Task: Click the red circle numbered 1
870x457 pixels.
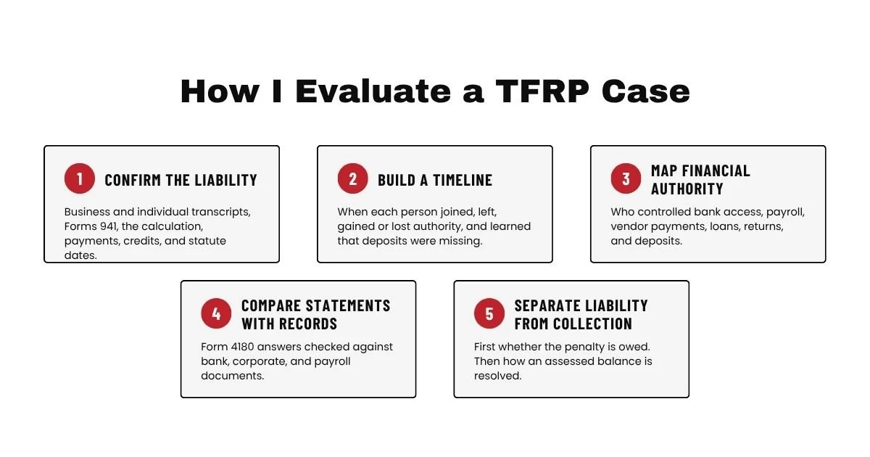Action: coord(80,178)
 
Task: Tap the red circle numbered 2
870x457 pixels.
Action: coord(352,178)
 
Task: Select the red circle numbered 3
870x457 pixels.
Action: coord(626,178)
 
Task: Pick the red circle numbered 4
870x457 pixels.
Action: coord(216,313)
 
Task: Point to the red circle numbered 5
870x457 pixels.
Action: coord(489,313)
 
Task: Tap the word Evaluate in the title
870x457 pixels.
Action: coord(373,91)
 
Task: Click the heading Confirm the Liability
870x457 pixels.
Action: coord(181,181)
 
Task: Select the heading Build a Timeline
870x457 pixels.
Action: coord(435,181)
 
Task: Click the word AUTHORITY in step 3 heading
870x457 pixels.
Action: coord(687,189)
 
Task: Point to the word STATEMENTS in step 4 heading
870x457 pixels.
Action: coord(348,306)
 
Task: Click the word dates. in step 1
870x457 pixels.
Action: coord(80,255)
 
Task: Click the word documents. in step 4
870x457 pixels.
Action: coord(232,376)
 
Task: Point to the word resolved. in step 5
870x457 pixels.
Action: coord(497,376)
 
